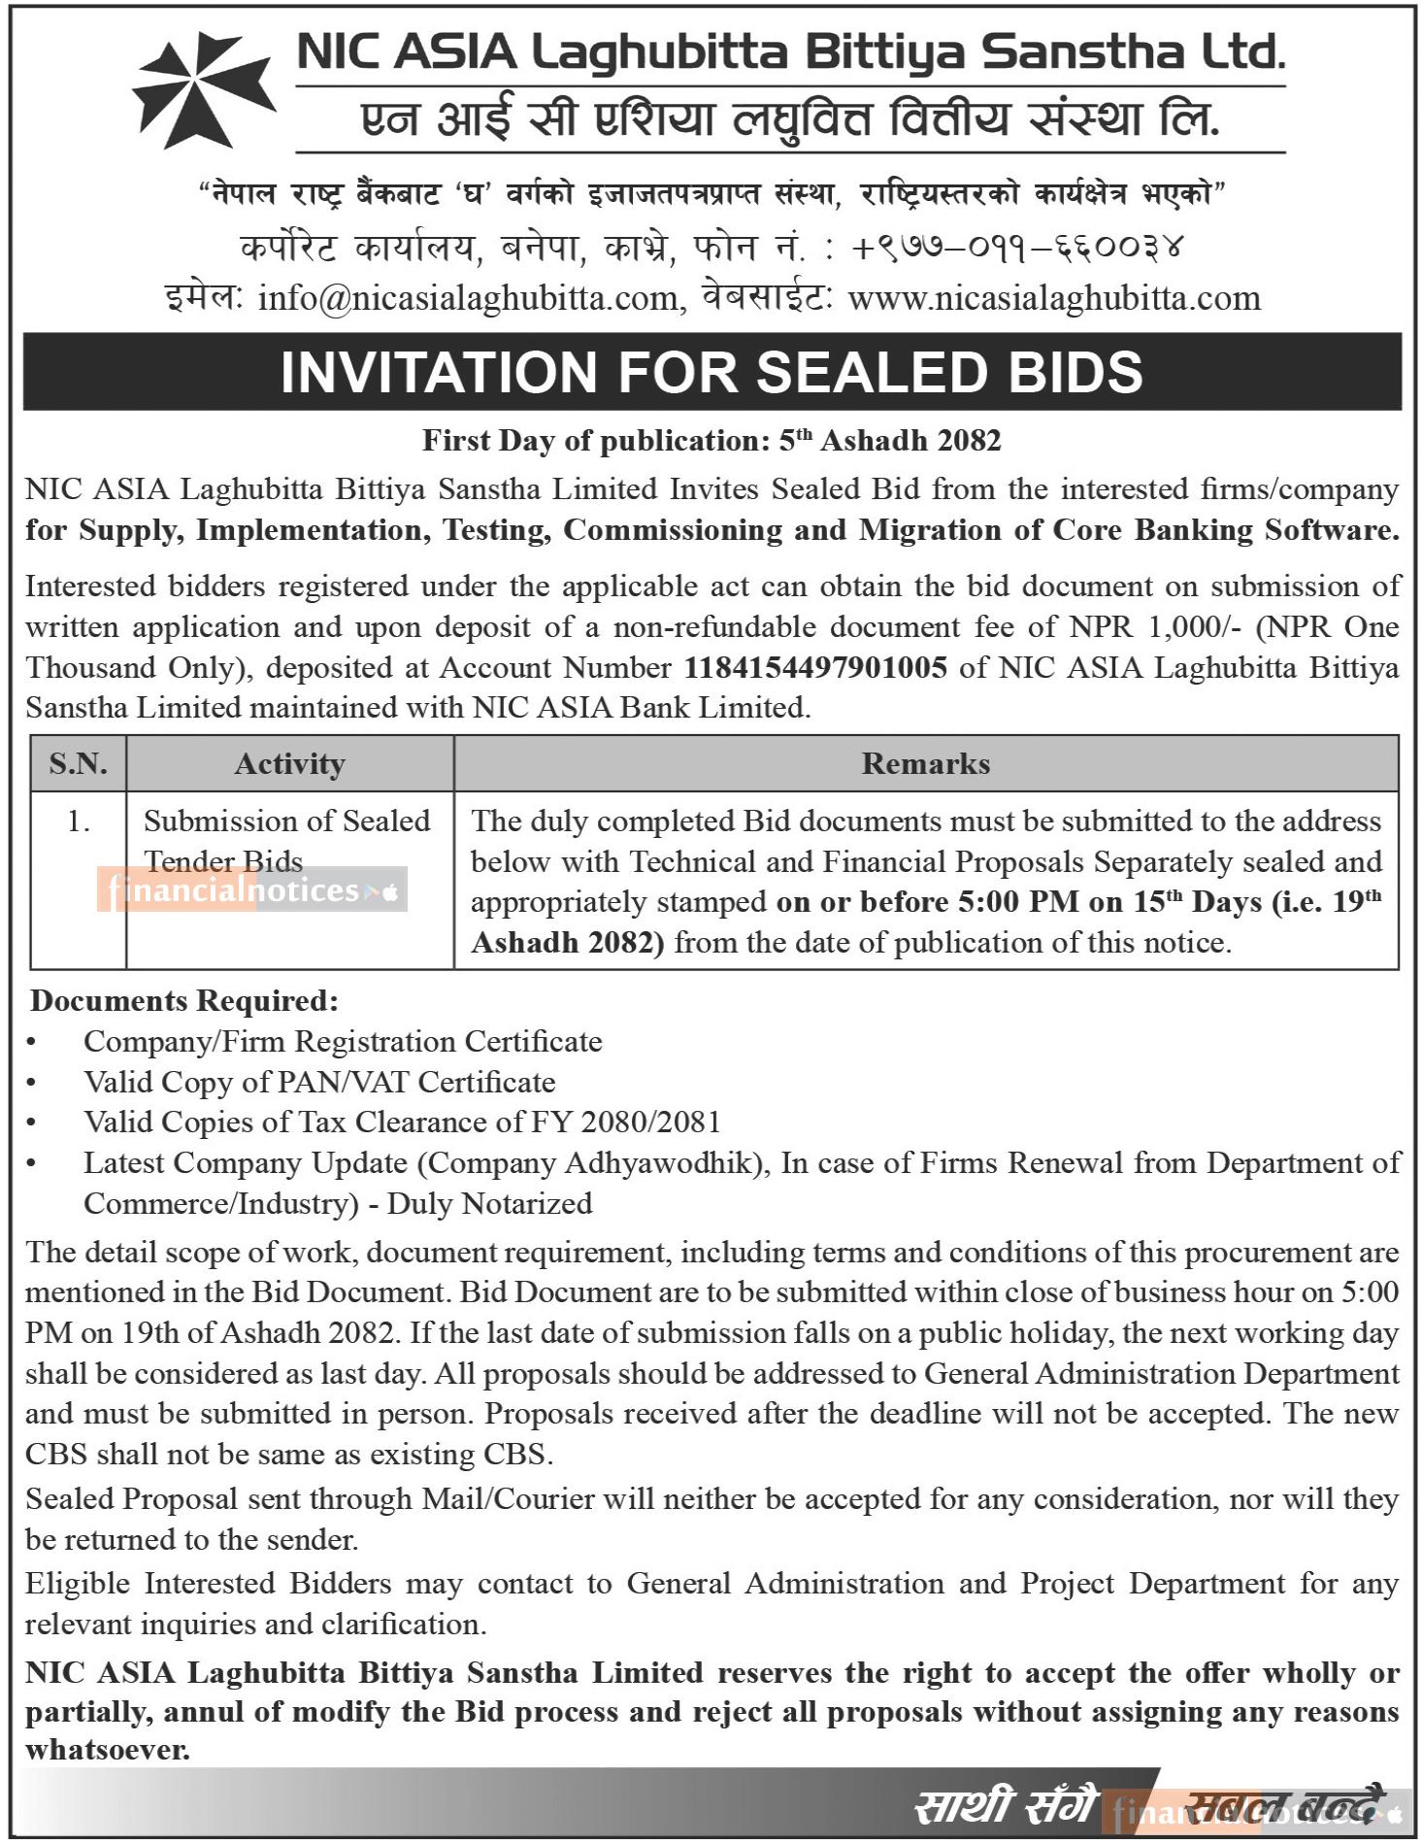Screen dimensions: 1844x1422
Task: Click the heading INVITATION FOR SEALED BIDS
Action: click(711, 372)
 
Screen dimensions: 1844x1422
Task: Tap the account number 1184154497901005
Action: click(815, 668)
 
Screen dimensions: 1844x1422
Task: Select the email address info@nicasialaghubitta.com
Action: click(467, 298)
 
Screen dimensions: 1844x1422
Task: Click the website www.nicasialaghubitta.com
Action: click(1054, 298)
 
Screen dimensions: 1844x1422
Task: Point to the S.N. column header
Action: click(78, 764)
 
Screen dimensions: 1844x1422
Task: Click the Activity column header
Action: click(289, 764)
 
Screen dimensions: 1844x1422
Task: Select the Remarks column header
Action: click(925, 764)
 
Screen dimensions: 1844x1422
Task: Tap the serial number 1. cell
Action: click(78, 821)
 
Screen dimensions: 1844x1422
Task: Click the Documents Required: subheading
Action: click(184, 1000)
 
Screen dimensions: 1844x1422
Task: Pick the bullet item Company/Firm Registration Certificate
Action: click(343, 1042)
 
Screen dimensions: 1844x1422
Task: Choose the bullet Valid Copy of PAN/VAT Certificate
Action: click(319, 1082)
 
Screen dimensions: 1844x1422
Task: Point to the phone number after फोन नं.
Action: click(1019, 248)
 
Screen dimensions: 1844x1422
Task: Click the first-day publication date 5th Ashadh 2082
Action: click(890, 442)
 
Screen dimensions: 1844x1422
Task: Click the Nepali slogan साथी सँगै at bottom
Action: click(1006, 1807)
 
